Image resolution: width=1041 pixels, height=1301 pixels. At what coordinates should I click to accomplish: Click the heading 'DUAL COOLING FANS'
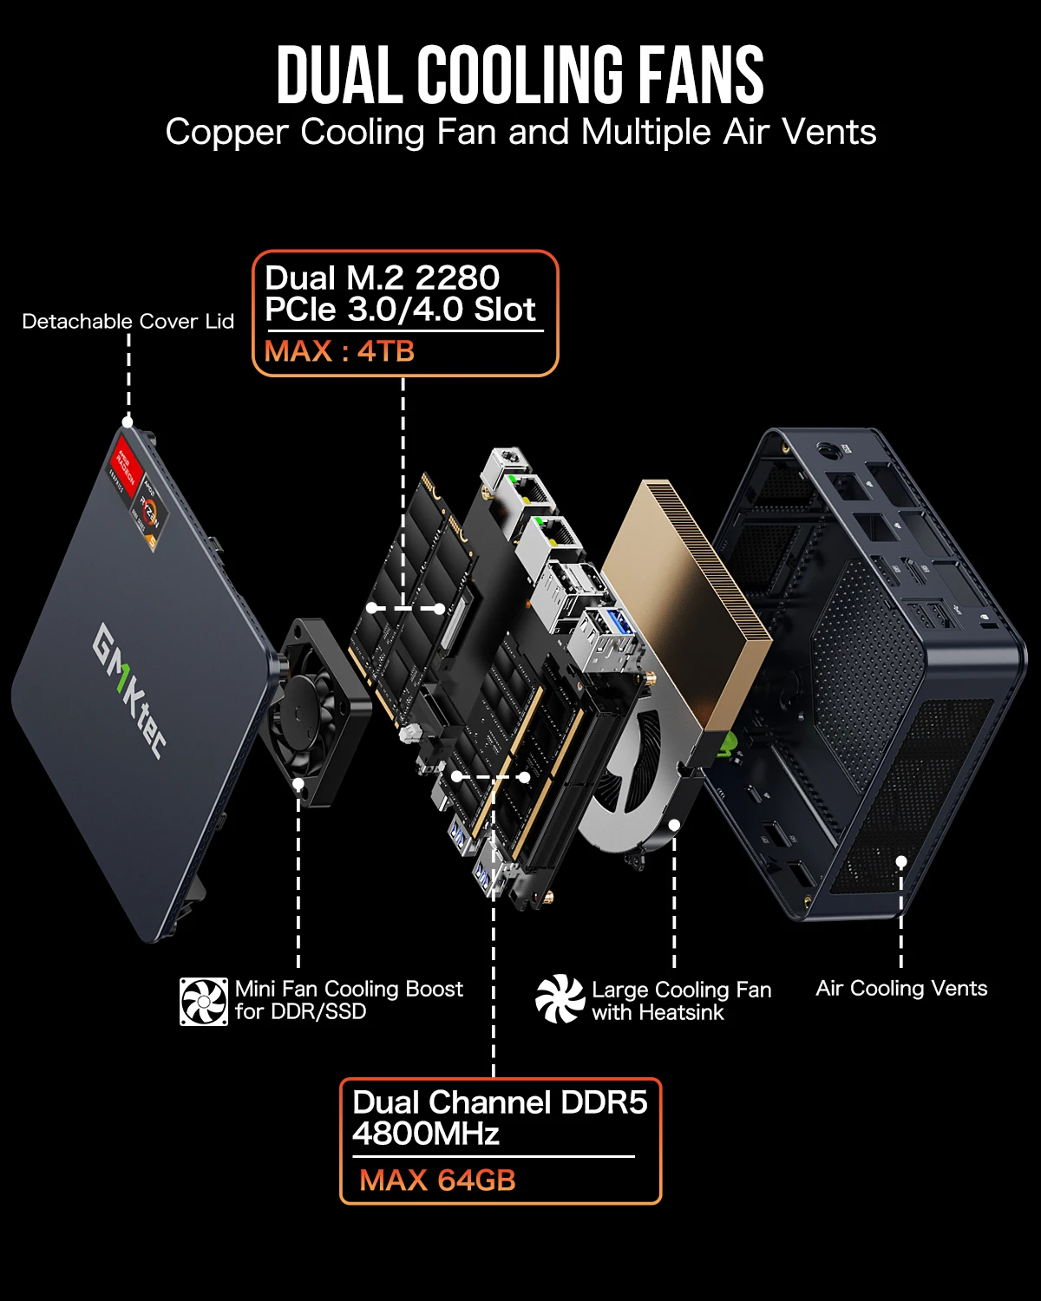tap(520, 75)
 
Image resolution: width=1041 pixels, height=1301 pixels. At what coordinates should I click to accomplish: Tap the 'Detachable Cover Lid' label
tap(128, 322)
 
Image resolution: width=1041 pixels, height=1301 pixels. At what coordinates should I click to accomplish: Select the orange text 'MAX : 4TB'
tap(339, 351)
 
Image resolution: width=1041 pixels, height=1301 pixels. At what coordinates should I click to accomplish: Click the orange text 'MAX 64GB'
tap(437, 1180)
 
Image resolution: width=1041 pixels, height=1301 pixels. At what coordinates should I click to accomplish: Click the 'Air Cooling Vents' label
tap(901, 989)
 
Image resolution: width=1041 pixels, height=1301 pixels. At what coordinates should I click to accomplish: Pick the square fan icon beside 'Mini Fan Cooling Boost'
tap(204, 1001)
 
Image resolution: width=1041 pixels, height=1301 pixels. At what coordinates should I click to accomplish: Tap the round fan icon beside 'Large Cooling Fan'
tap(560, 999)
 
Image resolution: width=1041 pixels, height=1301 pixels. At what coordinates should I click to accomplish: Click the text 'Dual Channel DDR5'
tap(500, 1102)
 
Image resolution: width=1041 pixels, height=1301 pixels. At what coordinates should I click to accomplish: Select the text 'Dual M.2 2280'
tap(382, 278)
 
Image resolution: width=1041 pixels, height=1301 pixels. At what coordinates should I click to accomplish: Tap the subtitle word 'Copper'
tap(227, 133)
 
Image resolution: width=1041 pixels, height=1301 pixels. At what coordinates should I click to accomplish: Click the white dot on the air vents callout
tap(901, 861)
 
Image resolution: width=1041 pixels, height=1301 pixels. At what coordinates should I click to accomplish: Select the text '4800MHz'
tap(425, 1134)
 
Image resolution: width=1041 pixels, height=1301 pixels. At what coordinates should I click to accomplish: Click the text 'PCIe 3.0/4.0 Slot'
tap(400, 310)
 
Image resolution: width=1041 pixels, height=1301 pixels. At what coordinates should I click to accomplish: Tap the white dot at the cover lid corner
tap(128, 422)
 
